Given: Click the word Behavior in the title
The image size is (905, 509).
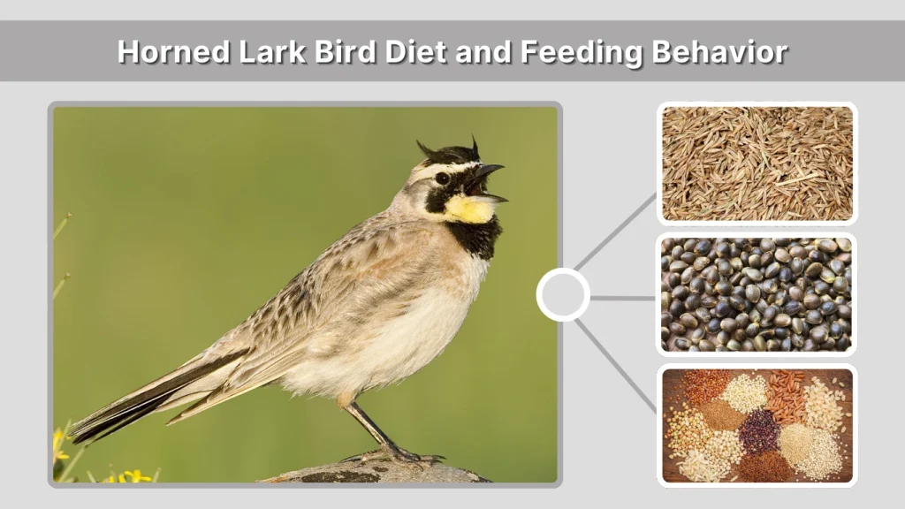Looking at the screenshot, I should (719, 52).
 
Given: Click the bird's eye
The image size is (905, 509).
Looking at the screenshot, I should (442, 179).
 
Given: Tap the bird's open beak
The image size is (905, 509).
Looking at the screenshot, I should (489, 181).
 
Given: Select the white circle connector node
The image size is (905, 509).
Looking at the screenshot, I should (563, 294).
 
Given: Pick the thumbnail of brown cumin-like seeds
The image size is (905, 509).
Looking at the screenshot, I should (757, 163).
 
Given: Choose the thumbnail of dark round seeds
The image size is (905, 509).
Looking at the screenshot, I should (757, 294).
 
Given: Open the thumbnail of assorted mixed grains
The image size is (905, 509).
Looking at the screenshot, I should (757, 425).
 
